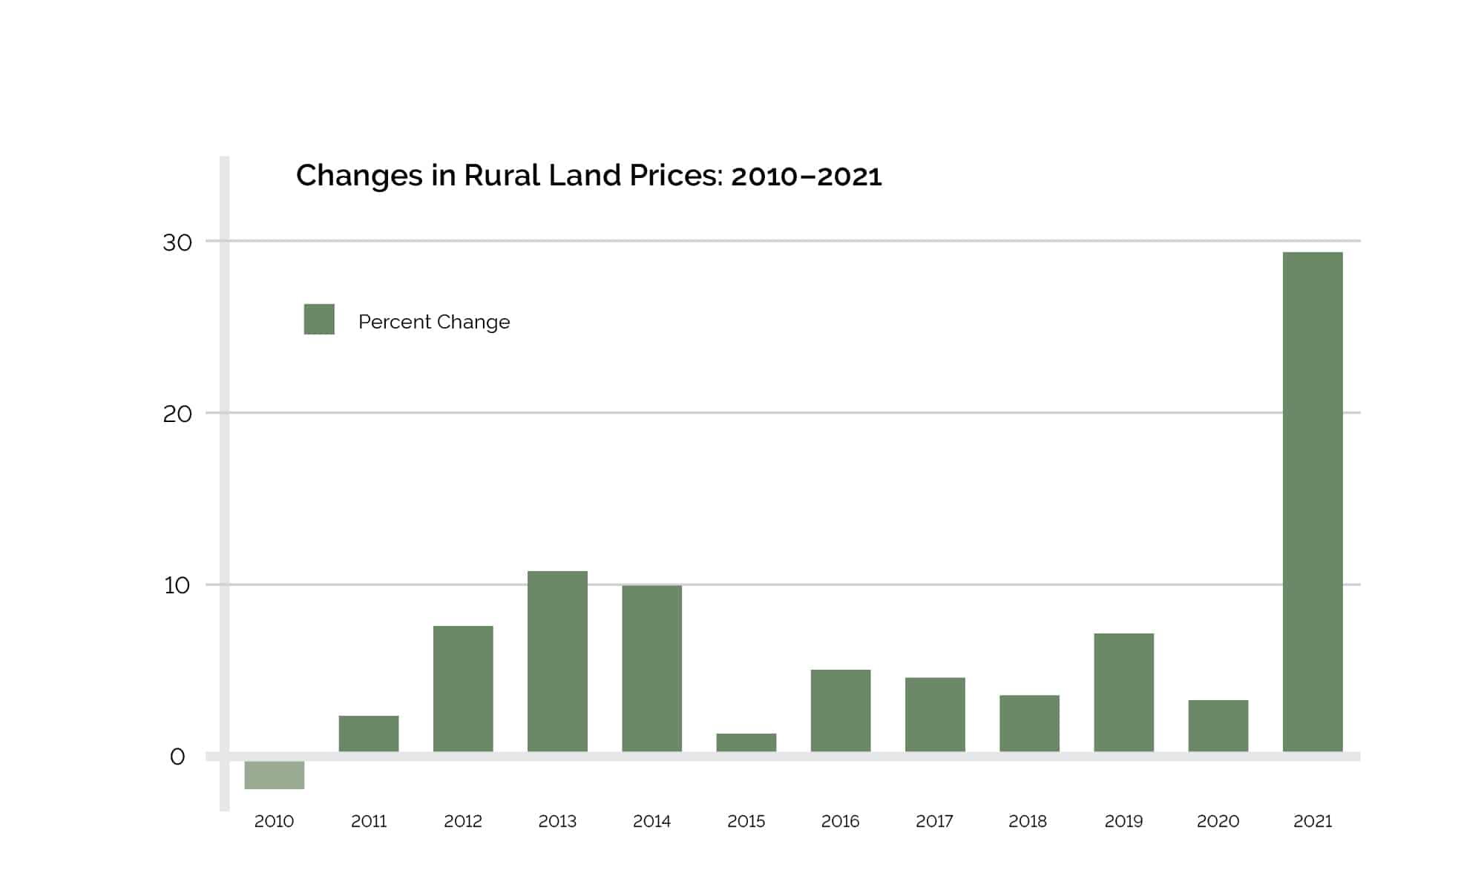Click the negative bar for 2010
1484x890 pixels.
click(274, 775)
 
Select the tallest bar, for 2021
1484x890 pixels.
click(1312, 502)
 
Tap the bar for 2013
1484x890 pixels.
click(557, 661)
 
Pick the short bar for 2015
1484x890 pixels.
click(746, 742)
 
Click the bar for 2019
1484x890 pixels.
click(1123, 692)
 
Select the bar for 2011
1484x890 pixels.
click(369, 734)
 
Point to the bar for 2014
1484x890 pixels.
click(651, 668)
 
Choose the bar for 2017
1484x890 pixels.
click(935, 714)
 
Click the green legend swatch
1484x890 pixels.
click(319, 319)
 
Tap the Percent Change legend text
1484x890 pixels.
click(434, 322)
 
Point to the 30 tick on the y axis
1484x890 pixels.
click(177, 243)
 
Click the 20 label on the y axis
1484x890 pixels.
click(177, 414)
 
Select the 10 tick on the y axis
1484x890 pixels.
click(177, 586)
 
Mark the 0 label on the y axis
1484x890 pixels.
click(177, 757)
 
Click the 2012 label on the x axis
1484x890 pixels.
click(463, 821)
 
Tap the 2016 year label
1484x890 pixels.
click(840, 821)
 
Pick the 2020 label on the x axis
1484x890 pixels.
click(1218, 821)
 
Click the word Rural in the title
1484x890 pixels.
click(502, 176)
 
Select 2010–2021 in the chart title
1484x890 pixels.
click(806, 177)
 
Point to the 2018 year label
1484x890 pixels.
click(1028, 821)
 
